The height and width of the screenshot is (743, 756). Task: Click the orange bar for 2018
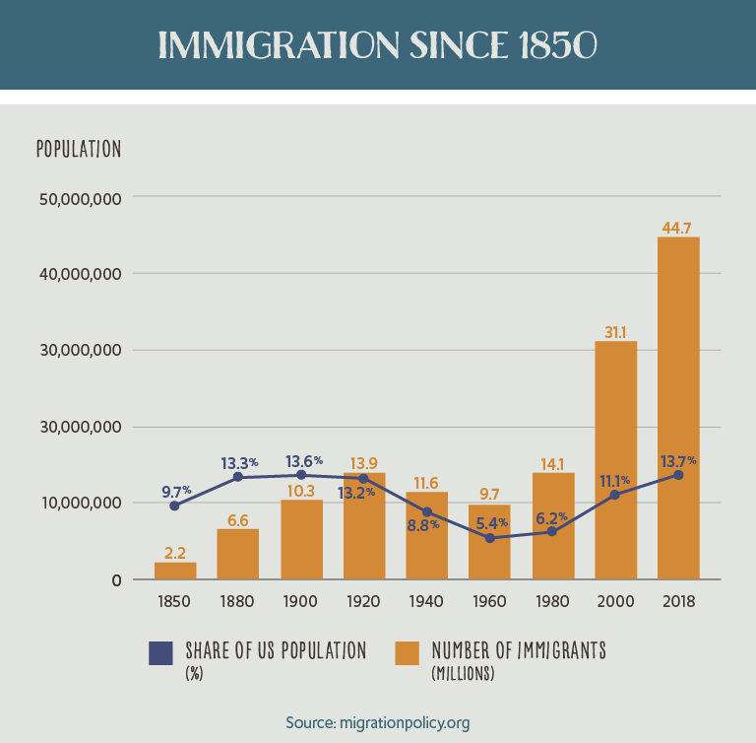[x=678, y=408]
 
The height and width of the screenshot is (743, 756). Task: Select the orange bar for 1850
[x=175, y=571]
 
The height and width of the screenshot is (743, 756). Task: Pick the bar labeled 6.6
[x=238, y=554]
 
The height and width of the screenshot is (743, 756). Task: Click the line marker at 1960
[x=489, y=538]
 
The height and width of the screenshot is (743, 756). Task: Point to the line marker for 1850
[x=175, y=506]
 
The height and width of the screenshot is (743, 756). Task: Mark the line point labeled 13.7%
[x=678, y=475]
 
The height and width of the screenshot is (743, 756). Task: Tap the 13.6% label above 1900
[x=303, y=460]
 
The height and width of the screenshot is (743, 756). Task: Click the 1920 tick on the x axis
[x=364, y=600]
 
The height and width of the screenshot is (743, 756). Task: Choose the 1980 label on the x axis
[x=552, y=600]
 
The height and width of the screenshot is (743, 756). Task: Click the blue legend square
[x=160, y=654]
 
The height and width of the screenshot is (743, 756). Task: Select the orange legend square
[x=407, y=654]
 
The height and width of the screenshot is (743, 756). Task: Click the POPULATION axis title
[x=79, y=149]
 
